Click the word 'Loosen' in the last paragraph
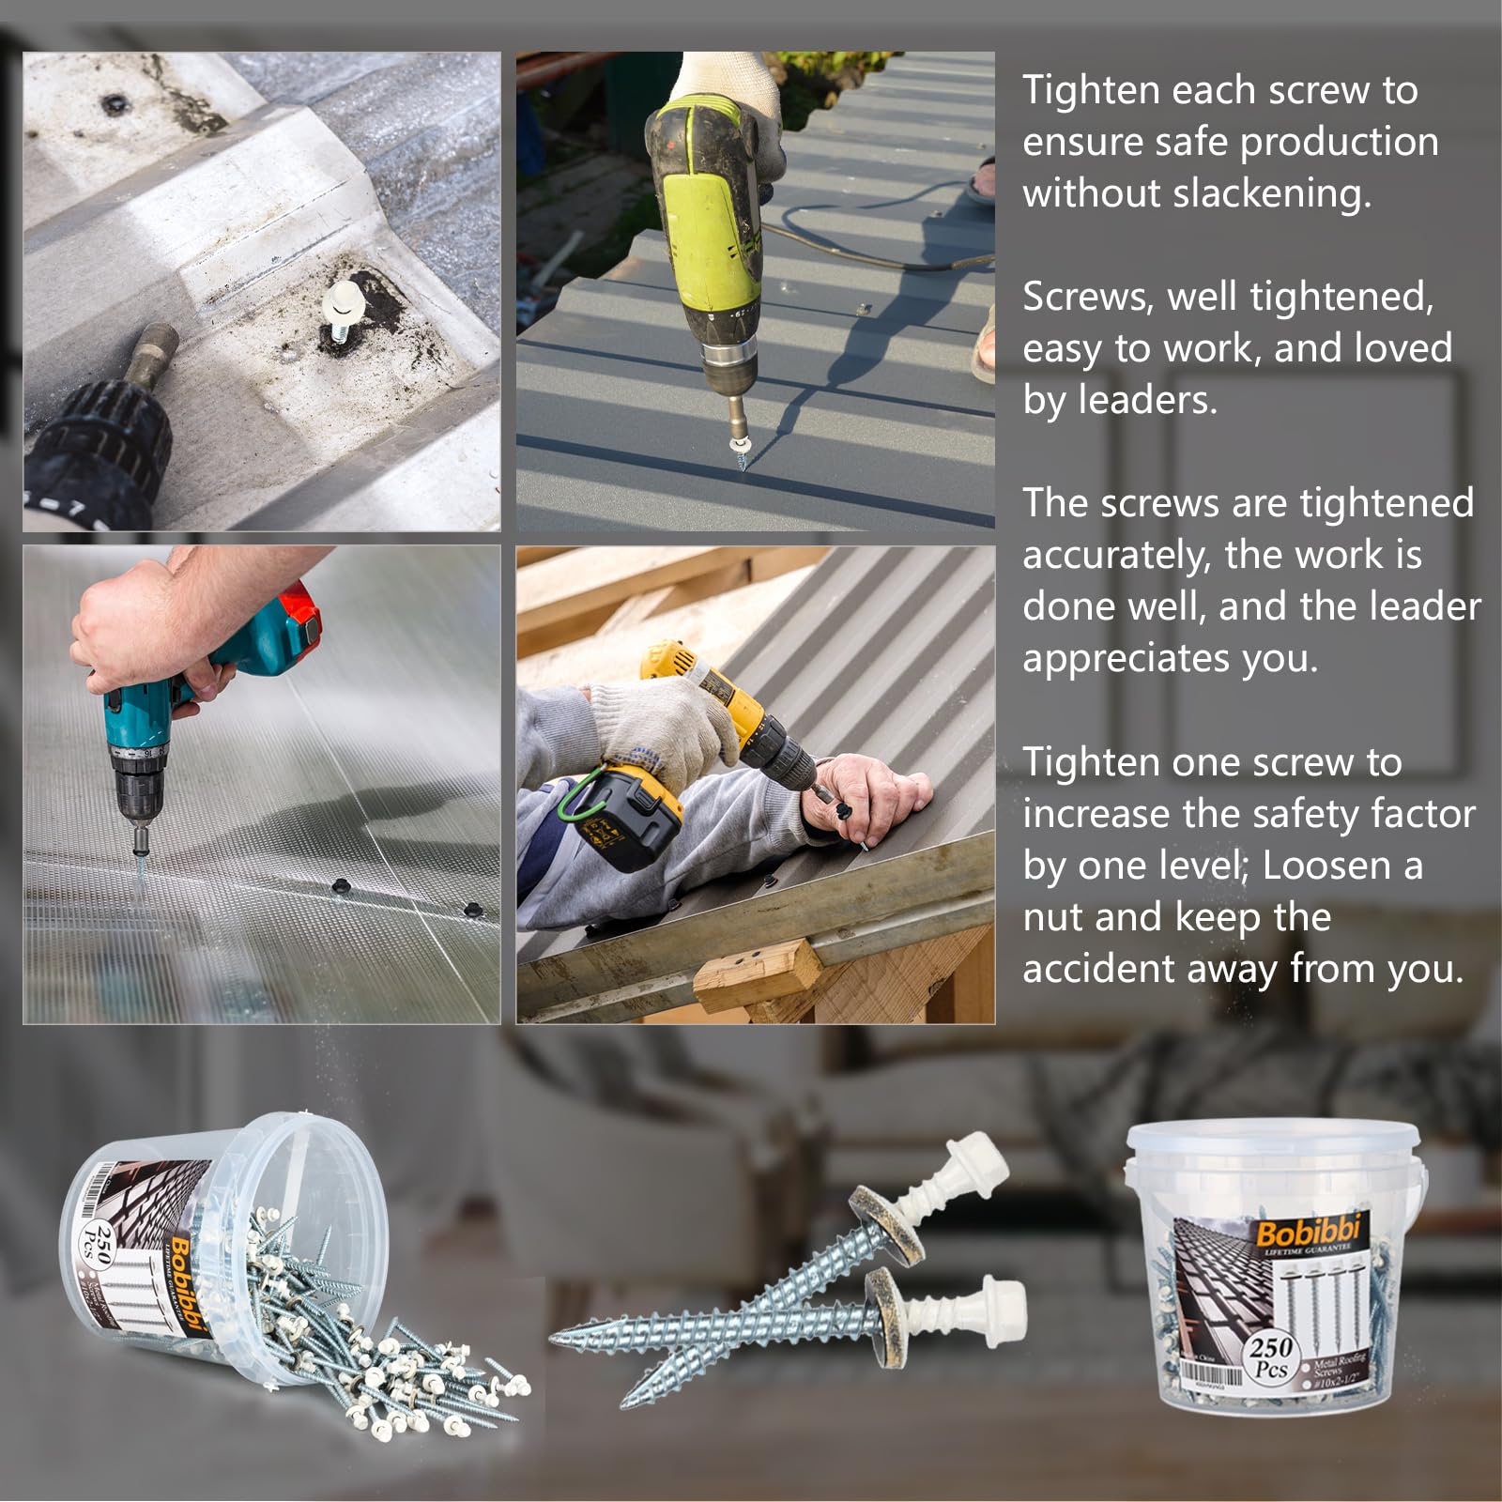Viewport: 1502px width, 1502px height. pyautogui.click(x=1322, y=866)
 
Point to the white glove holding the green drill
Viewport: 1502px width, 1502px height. pyautogui.click(x=732, y=89)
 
